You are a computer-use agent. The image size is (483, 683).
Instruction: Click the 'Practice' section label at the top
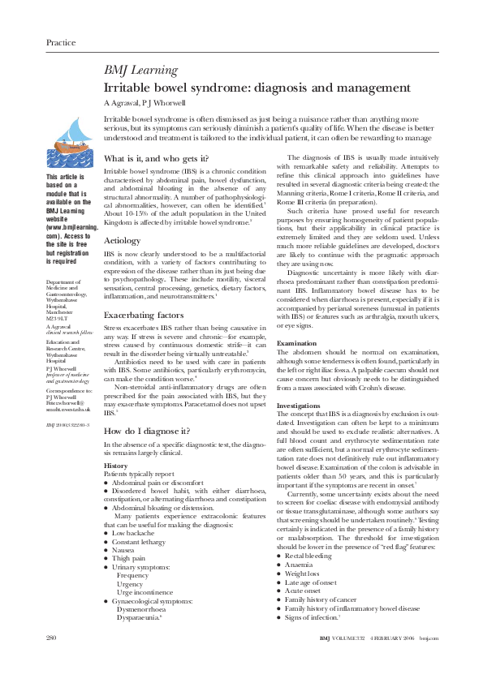pyautogui.click(x=61, y=42)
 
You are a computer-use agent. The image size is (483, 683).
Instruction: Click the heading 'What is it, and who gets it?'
pyautogui.click(x=161, y=158)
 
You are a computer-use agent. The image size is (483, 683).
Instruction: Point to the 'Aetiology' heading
pyautogui.click(x=123, y=218)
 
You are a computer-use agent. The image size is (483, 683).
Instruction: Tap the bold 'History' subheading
pyautogui.click(x=116, y=466)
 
